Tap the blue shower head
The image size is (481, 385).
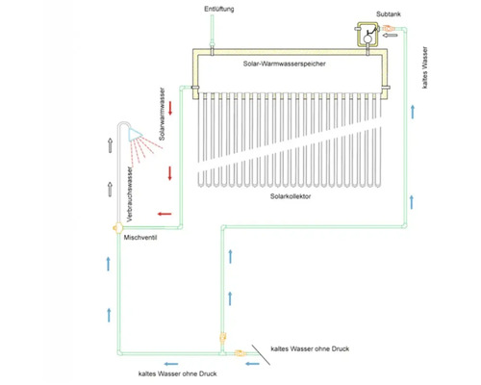point(132,133)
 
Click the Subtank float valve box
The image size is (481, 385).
point(365,36)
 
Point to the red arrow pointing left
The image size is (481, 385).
point(165,213)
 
